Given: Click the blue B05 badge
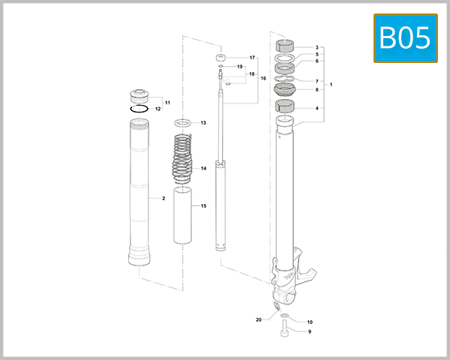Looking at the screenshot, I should pyautogui.click(x=406, y=38).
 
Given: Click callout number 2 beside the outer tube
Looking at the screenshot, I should pyautogui.click(x=163, y=199).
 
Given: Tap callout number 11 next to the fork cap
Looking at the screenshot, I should pyautogui.click(x=167, y=102).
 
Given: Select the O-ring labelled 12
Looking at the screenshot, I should pyautogui.click(x=138, y=109).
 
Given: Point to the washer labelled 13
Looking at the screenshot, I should pyautogui.click(x=184, y=121).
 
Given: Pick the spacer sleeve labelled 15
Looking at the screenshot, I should pyautogui.click(x=184, y=216).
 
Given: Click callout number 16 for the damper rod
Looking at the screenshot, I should pyautogui.click(x=263, y=78).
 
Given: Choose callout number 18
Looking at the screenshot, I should pyautogui.click(x=252, y=74).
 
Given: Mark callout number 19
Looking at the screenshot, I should pyautogui.click(x=241, y=67).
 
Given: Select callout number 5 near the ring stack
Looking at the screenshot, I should pyautogui.click(x=316, y=55).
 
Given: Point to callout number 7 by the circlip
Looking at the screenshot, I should pyautogui.click(x=316, y=81).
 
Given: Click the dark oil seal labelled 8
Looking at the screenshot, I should pyautogui.click(x=285, y=90).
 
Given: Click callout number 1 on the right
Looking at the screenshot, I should pyautogui.click(x=331, y=84).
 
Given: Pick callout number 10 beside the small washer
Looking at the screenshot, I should pyautogui.click(x=309, y=322).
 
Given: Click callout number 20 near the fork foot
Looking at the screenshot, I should pyautogui.click(x=259, y=319).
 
